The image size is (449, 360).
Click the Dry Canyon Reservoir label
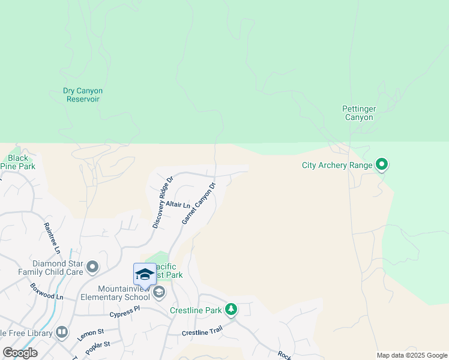[x=83, y=95]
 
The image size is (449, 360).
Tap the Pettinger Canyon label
[x=359, y=113]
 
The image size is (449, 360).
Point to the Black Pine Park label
[x=18, y=162]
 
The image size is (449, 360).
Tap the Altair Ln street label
[x=178, y=206]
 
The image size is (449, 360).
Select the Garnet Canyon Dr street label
[x=198, y=203]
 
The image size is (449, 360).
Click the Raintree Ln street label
[x=53, y=236]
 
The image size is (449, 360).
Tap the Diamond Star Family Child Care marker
[x=92, y=266]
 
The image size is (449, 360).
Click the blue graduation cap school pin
[x=145, y=275]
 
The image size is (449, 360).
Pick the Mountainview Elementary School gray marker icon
[x=159, y=292]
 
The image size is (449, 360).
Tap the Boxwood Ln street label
[x=46, y=292]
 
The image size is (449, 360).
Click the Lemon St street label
[x=91, y=334]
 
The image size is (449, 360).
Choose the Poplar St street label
[x=98, y=347]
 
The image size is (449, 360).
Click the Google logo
[x=20, y=353]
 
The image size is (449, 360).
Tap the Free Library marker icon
[x=62, y=332]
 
